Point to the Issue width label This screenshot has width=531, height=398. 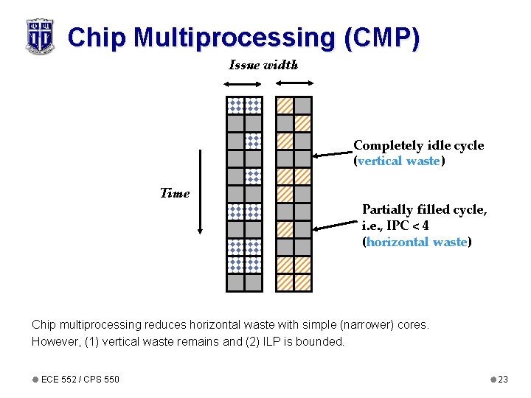click(x=263, y=65)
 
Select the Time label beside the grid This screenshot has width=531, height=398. click(x=175, y=193)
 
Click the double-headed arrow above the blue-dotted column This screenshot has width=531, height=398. click(x=244, y=85)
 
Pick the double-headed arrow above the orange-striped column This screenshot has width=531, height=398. click(x=294, y=85)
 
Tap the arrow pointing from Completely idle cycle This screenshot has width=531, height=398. click(x=333, y=154)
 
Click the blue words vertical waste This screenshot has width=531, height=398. click(x=398, y=161)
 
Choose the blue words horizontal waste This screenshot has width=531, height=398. click(x=417, y=242)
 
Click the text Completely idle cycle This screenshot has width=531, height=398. click(x=418, y=146)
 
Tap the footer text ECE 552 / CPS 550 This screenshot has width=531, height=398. click(x=80, y=379)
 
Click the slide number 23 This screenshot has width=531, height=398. click(x=503, y=379)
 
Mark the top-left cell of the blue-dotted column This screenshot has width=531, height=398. click(x=235, y=105)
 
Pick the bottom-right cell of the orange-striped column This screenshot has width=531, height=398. click(x=303, y=282)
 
